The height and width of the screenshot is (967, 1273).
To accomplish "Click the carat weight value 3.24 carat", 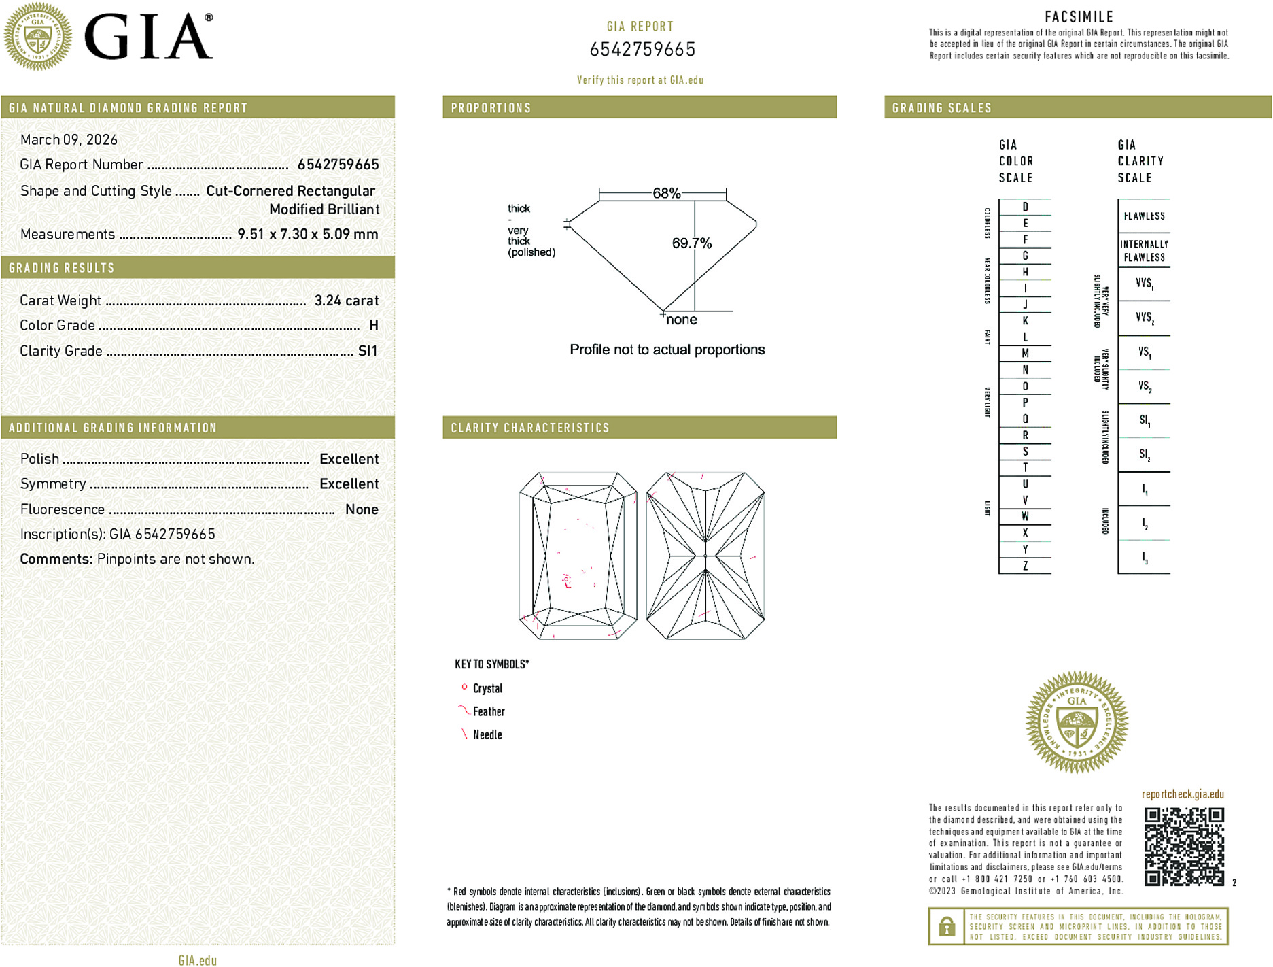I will coord(346,301).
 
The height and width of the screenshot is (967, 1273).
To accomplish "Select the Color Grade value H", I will coord(373,326).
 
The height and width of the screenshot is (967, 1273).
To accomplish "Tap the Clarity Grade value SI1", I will coord(367,351).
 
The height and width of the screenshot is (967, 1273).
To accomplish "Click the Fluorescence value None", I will coord(362,509).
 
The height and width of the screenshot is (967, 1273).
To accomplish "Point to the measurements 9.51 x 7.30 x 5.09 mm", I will coord(307,234).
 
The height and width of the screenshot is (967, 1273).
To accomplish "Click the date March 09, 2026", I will coord(69,139).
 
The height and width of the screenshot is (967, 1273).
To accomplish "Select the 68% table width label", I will coord(666,193).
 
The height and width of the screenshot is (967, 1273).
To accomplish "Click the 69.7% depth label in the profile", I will coord(691,243).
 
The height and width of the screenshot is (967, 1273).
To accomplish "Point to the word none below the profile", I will coord(681,320).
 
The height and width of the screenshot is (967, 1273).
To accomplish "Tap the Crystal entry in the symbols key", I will coord(487,688).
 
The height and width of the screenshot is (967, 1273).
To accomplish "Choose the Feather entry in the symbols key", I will coord(489,711).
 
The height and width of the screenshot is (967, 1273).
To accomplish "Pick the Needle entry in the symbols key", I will coord(487,734).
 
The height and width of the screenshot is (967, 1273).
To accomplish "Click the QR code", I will coord(1183,846).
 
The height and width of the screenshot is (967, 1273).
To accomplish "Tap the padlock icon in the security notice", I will coord(946,926).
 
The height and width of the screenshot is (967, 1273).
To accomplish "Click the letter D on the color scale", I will coord(1025,207).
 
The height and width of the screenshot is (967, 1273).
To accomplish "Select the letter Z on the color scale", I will coord(1025,566).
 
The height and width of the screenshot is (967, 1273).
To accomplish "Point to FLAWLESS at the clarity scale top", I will coord(1144,216).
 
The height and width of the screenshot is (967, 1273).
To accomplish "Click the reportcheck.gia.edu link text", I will coord(1183,794).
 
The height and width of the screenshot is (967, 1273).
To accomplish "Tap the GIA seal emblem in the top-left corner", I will coord(38,37).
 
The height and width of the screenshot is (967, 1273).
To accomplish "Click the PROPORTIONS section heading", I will coord(491,108).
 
